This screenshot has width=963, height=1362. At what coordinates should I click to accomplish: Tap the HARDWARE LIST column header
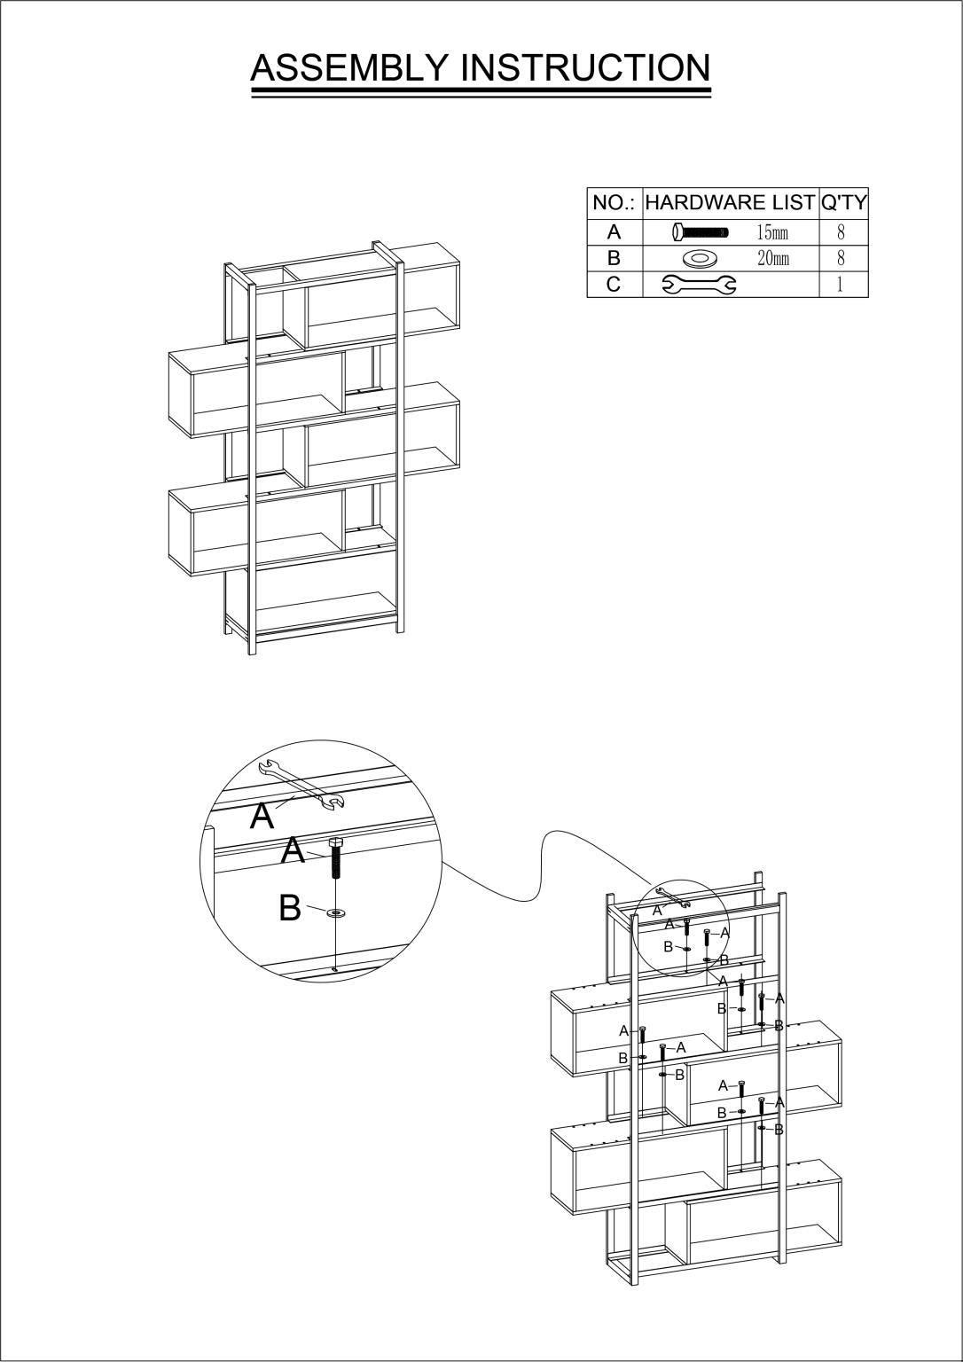pyautogui.click(x=730, y=202)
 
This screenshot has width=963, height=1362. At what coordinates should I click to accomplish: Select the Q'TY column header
pyautogui.click(x=844, y=202)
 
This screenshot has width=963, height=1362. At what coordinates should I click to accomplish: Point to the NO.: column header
pyautogui.click(x=614, y=202)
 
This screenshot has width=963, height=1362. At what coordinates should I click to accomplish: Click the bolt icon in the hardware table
pyautogui.click(x=700, y=231)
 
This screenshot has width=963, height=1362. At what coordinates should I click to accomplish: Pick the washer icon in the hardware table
pyautogui.click(x=699, y=259)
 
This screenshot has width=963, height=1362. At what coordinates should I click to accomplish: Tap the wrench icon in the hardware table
pyautogui.click(x=699, y=285)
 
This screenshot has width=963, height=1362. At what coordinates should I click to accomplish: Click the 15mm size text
pyautogui.click(x=772, y=232)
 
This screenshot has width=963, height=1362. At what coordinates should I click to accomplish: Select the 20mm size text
pyautogui.click(x=773, y=258)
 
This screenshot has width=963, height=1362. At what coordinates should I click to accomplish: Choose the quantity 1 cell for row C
pyautogui.click(x=841, y=285)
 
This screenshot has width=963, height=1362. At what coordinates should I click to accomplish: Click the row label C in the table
pyautogui.click(x=614, y=284)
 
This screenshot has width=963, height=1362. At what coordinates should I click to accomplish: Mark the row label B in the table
pyautogui.click(x=614, y=258)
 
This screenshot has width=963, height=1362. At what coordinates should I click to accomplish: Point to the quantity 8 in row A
pyautogui.click(x=841, y=231)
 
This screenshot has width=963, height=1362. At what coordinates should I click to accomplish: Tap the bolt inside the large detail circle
pyautogui.click(x=334, y=858)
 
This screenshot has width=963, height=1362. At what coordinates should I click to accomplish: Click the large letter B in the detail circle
pyautogui.click(x=290, y=908)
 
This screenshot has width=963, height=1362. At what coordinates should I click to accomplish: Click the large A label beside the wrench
pyautogui.click(x=262, y=816)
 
